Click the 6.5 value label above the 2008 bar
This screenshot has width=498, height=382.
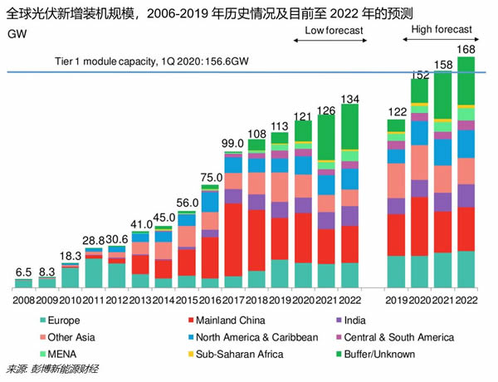23,272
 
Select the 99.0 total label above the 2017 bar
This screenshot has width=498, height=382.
234,144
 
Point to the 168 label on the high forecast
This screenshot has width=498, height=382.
466,49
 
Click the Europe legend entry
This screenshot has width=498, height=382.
66,321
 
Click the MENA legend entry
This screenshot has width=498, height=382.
61,354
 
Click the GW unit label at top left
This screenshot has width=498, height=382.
16,34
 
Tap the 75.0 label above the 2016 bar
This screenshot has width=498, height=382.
210,177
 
